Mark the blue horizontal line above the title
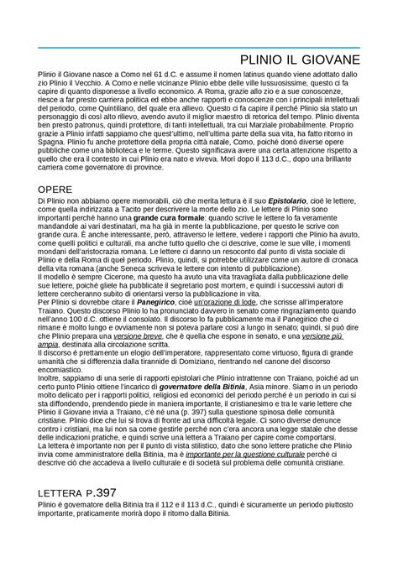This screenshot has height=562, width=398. click(199, 45)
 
